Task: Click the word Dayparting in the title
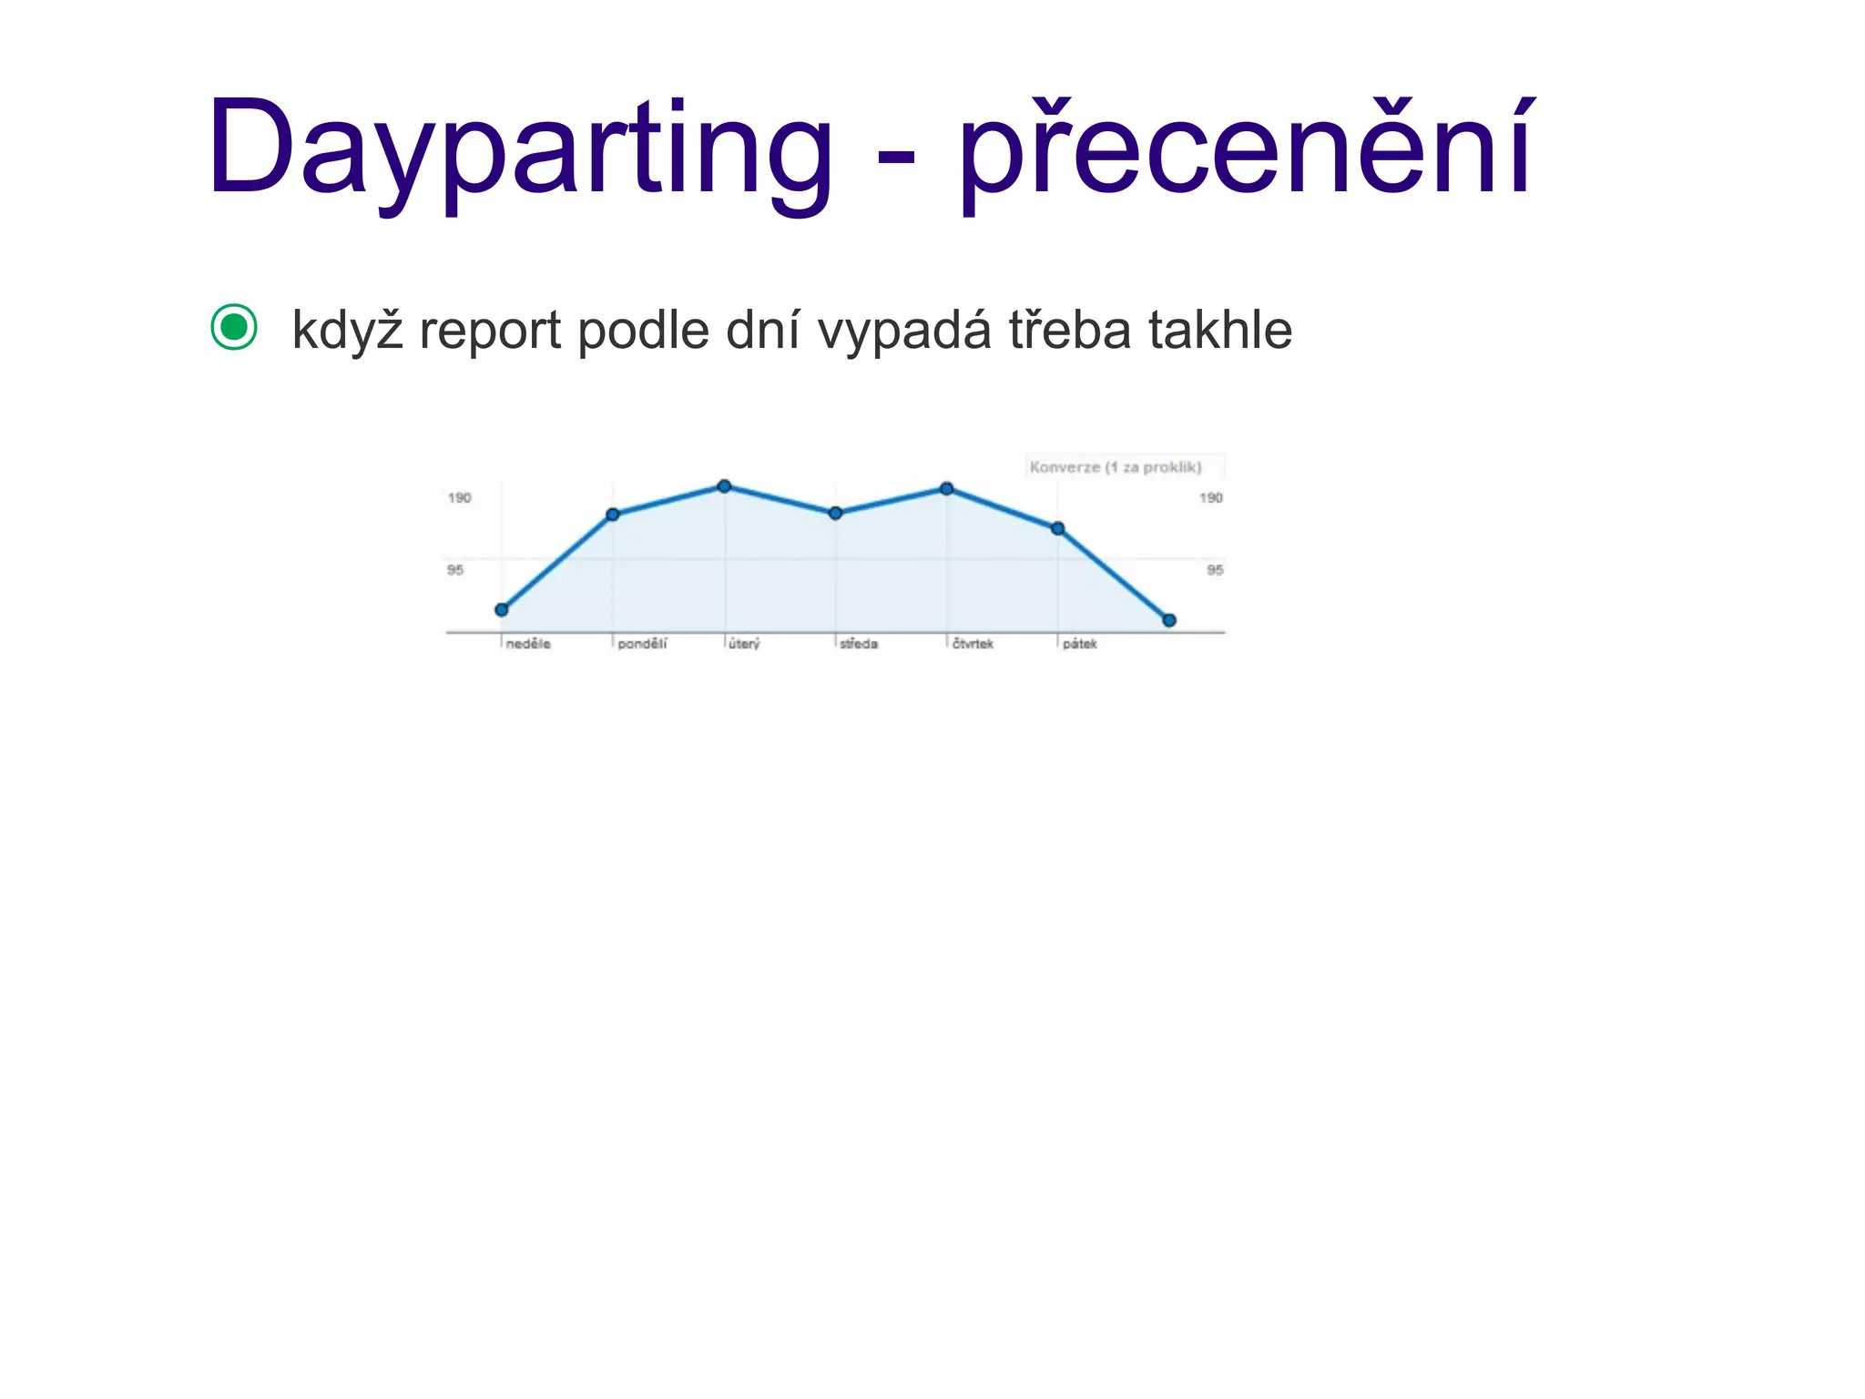coord(519,150)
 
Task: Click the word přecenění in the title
coord(1246,150)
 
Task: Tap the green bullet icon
coord(234,327)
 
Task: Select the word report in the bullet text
coord(490,331)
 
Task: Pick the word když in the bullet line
coord(347,331)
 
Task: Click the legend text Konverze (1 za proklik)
coord(1116,467)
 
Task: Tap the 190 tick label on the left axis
coord(460,498)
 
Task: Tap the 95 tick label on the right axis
coord(1215,570)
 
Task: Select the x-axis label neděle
coord(528,644)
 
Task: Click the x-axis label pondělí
coord(642,644)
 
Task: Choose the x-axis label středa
coord(859,644)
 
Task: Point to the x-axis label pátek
coord(1080,644)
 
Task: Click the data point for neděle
coord(502,609)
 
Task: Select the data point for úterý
coord(724,486)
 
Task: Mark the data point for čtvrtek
coord(947,489)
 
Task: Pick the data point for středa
coord(835,514)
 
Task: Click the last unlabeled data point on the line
coord(1169,620)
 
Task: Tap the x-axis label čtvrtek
coord(973,644)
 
